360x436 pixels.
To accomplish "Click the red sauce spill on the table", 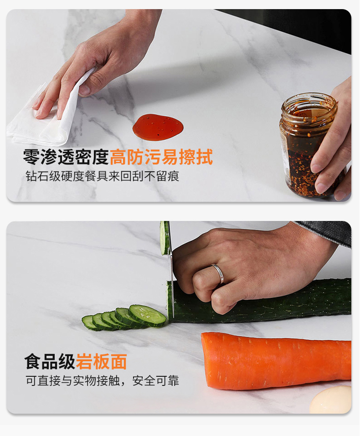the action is click(x=158, y=128).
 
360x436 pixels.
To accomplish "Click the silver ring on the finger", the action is click(x=218, y=273).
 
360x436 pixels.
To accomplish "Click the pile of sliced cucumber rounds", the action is click(x=124, y=318).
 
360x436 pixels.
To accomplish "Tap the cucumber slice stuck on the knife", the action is click(x=165, y=238).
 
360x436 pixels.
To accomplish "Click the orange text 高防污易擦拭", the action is click(x=161, y=157).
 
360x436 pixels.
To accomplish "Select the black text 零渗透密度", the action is click(x=66, y=157).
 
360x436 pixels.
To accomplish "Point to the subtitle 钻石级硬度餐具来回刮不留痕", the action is click(x=102, y=176).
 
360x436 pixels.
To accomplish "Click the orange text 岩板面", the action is click(x=101, y=361).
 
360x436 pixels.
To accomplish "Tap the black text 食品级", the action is click(x=50, y=361).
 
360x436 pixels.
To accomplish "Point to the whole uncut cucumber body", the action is click(x=259, y=302).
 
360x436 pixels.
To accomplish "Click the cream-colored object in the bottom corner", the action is click(x=331, y=400).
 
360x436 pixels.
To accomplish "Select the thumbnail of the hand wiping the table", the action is click(x=85, y=90).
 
